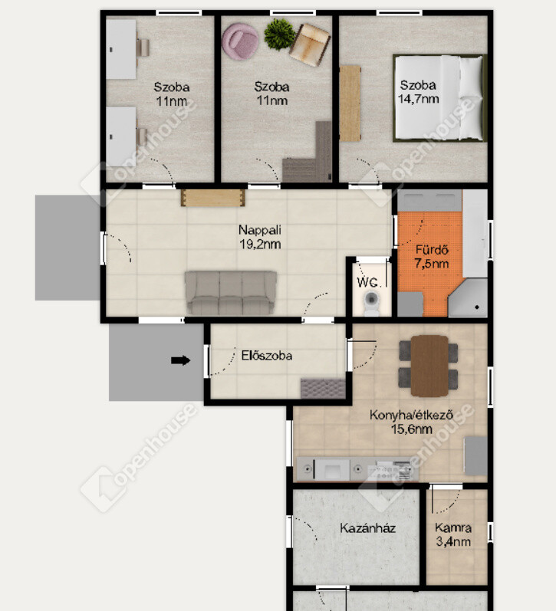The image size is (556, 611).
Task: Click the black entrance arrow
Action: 180,360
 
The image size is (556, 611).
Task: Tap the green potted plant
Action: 279,34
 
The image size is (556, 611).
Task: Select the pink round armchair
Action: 240,41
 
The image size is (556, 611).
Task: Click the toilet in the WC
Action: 371,303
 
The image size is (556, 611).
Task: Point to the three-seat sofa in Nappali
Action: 231,293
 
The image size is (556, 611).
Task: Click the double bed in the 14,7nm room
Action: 439,98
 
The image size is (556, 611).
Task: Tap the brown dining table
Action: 429,365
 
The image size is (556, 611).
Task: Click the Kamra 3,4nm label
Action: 453,534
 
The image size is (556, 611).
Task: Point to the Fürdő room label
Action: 432,250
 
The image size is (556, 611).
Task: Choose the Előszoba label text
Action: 267,356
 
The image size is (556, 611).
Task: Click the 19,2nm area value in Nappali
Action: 260,245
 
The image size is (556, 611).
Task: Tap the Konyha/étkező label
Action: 411,415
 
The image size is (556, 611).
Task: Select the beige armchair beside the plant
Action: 311,44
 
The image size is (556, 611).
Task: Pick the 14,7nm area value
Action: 419,99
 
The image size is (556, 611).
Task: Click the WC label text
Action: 367,282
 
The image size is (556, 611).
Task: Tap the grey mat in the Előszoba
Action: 323,388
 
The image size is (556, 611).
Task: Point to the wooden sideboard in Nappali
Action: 213,198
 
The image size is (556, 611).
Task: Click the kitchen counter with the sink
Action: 358,469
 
